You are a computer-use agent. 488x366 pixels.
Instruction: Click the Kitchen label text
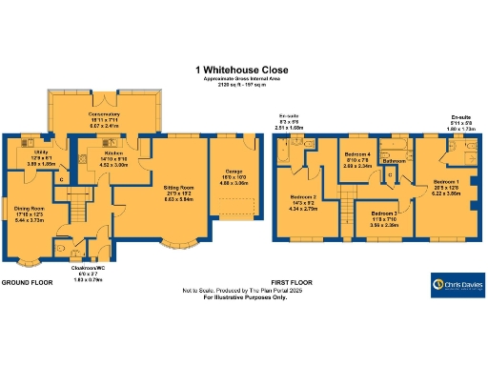pyautogui.click(x=92, y=156)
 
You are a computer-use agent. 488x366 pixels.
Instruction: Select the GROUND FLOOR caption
pyautogui.click(x=26, y=284)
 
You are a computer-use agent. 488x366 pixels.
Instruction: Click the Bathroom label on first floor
pyautogui.click(x=395, y=161)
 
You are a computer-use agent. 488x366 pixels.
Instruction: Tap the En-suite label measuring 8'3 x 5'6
pyautogui.click(x=290, y=120)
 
